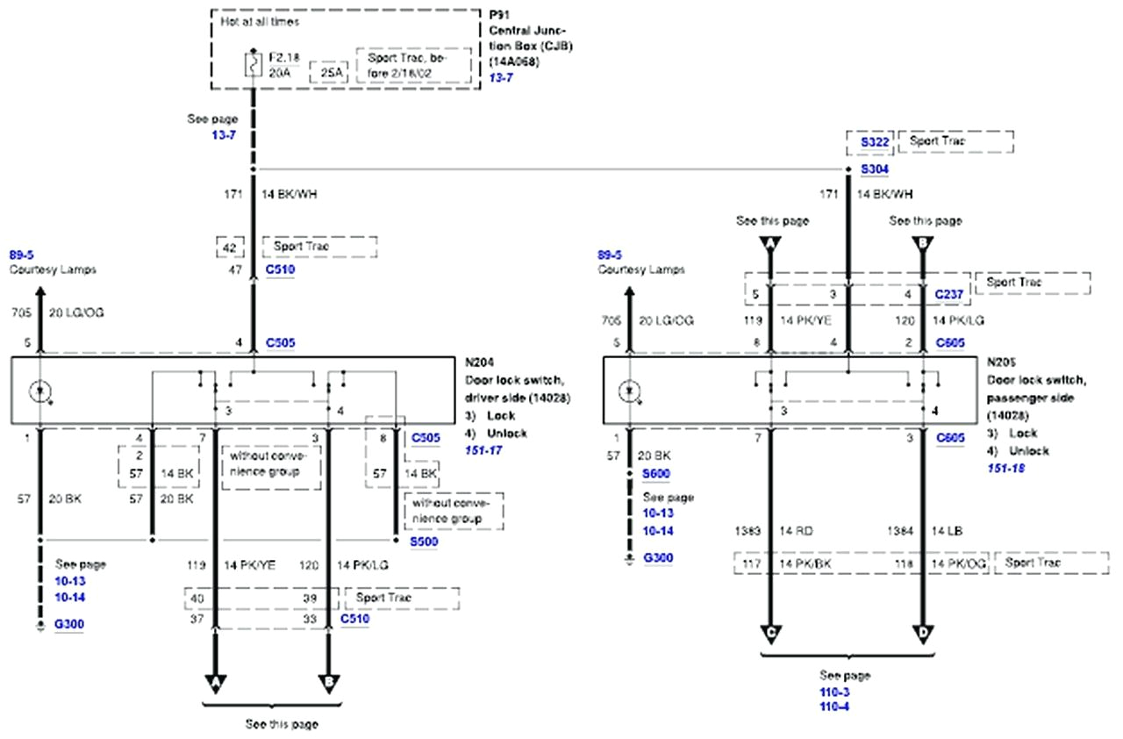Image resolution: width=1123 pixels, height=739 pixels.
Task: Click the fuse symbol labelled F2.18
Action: pos(253,63)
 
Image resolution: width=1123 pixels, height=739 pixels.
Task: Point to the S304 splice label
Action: pos(874,169)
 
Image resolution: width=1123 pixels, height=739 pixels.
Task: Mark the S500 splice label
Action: pos(425,542)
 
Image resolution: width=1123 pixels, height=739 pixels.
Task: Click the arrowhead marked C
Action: pos(770,633)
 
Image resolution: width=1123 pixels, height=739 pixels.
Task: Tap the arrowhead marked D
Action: pos(923,633)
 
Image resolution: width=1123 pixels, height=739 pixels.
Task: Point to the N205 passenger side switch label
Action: pos(1000,361)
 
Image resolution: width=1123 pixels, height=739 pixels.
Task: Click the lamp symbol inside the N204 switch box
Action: pos(40,391)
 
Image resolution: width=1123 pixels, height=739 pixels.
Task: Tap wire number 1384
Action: pos(902,532)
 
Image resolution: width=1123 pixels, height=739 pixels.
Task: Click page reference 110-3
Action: pos(833,692)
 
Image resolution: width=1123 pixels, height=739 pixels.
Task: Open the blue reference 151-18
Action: pos(1007,468)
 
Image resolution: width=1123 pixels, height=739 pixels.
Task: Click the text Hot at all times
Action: pos(260,19)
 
